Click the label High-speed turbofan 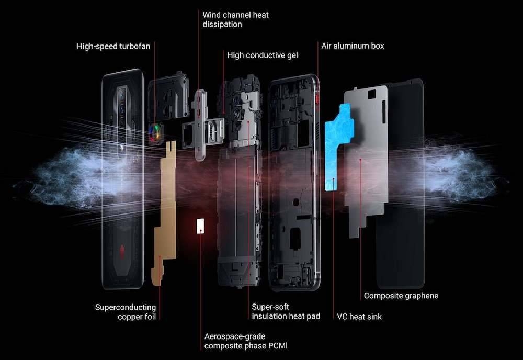[x=113, y=46]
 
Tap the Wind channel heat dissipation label [x=235, y=19]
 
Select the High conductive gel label [x=263, y=55]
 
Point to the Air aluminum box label [x=353, y=46]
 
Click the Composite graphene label [x=401, y=296]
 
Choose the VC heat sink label [x=359, y=316]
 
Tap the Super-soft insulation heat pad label [x=286, y=311]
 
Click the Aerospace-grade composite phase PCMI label [x=246, y=341]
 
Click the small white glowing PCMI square [x=199, y=226]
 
